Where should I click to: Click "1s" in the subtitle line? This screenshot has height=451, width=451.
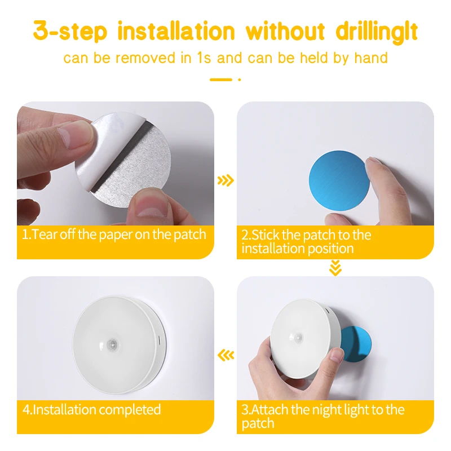coord(204,58)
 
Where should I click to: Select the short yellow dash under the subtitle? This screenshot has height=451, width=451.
coord(221,79)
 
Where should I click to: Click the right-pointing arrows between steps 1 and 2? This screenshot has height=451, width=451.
coord(225,180)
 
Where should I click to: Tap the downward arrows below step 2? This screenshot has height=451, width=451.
coord(335,268)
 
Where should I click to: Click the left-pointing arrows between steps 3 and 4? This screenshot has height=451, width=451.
coord(225,355)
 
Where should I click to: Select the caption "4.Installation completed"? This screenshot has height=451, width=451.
coord(91,409)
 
